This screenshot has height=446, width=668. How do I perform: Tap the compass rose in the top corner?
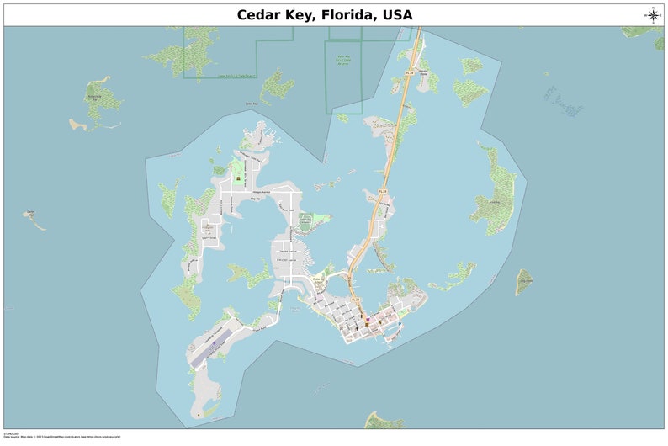pos(653,14)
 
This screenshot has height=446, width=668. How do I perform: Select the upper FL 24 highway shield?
pos(409,73)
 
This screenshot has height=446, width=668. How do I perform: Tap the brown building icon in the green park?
pos(238,178)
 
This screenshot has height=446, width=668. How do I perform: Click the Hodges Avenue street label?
pos(262,192)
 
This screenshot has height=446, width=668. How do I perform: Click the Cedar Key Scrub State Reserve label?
pos(342,58)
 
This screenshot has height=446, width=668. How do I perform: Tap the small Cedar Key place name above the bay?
pos(251,104)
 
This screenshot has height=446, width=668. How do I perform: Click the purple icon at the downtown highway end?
pos(367,321)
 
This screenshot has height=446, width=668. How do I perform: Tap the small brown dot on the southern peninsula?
pos(199,414)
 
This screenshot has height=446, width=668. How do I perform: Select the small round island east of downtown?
pos(524,282)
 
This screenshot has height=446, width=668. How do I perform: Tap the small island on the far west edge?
pos(34,219)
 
